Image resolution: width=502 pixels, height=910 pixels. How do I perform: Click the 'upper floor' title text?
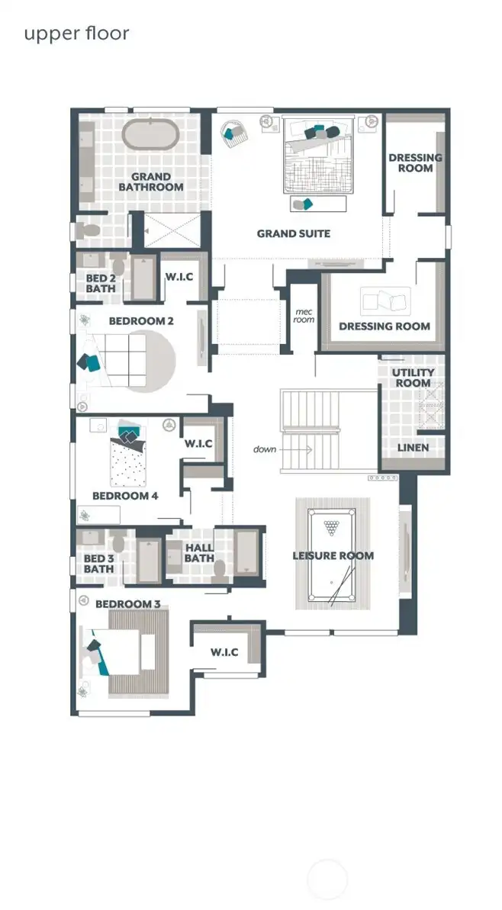(x=76, y=34)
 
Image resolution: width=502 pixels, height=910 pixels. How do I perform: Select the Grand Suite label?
(x=293, y=233)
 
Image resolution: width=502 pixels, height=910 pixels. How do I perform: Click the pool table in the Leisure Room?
(x=333, y=556)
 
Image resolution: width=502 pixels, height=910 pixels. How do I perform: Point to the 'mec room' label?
(x=304, y=315)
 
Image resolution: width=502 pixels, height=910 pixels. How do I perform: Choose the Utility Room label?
(x=413, y=378)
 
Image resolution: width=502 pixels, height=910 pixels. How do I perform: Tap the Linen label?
(x=413, y=447)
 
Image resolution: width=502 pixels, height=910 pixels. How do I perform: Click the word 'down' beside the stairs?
(x=265, y=449)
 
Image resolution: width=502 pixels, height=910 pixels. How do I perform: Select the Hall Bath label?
(x=199, y=553)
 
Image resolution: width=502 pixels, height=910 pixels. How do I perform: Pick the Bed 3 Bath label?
(x=98, y=564)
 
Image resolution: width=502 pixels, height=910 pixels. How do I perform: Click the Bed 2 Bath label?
(x=100, y=284)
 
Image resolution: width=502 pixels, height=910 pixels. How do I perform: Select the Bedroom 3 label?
(x=127, y=604)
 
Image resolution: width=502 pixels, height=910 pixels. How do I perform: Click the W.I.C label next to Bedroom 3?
(x=224, y=652)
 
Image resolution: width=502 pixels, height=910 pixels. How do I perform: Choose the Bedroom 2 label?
(x=141, y=321)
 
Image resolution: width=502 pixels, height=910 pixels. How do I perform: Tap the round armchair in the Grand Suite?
(x=233, y=132)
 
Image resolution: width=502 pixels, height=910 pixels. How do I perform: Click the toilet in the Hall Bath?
(x=219, y=569)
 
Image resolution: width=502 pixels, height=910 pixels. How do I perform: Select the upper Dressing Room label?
(x=415, y=162)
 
